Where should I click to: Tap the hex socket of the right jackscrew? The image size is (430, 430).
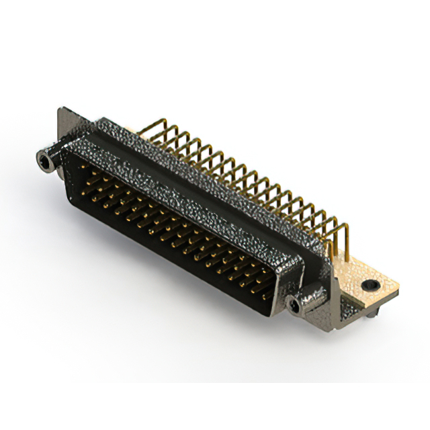coord(294,306)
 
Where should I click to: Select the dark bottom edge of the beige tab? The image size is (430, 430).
coord(383,299)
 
